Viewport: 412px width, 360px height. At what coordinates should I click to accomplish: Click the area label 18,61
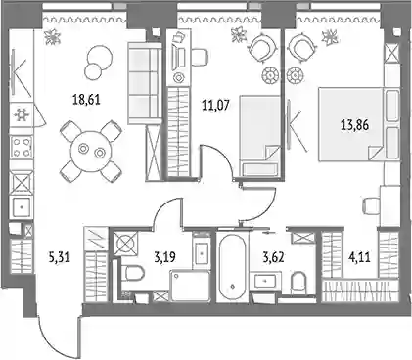86,99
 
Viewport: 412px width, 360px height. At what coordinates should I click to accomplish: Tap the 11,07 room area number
216,106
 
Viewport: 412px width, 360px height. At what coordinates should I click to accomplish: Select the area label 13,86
355,125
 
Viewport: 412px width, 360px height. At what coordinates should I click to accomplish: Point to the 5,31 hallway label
59,259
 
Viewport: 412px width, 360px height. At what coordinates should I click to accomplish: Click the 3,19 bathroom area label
165,257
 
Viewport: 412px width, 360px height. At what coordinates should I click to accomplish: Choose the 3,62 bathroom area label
274,257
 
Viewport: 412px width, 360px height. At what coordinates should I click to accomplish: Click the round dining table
91,150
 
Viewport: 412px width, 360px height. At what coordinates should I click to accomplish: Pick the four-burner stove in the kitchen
23,147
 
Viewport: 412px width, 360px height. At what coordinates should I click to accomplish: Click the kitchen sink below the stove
22,207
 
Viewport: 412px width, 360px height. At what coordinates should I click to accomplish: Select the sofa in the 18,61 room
145,83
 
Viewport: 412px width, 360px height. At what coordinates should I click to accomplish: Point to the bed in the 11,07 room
260,136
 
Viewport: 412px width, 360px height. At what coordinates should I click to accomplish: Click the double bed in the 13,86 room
358,124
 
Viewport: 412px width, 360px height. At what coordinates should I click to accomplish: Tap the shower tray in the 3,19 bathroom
190,287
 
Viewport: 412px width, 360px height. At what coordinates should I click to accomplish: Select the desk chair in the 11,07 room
200,56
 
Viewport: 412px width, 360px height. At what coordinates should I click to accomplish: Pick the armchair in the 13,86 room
302,48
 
